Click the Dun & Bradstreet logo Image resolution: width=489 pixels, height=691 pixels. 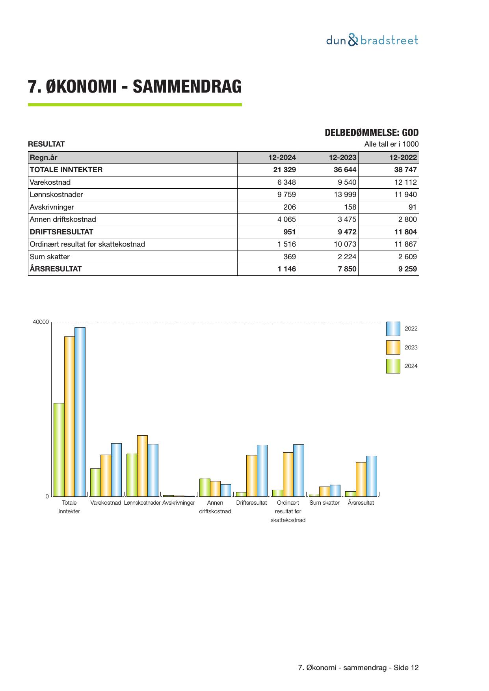[x=372, y=40]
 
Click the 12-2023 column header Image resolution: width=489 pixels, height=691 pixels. [x=342, y=158]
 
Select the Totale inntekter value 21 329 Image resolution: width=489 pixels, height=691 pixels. [x=282, y=170]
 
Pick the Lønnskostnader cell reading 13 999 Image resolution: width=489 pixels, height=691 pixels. [x=343, y=195]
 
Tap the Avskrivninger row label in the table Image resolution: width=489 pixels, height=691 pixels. [x=52, y=207]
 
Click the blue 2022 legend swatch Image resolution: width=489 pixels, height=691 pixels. [x=393, y=329]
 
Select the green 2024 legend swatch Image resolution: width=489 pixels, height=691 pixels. [x=393, y=366]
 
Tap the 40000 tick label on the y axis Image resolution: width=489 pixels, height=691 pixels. [x=41, y=322]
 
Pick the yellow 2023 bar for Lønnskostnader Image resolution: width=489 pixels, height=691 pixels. [x=142, y=466]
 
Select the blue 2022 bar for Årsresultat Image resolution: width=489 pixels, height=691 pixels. [x=371, y=476]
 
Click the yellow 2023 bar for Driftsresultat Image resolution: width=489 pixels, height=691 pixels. [x=251, y=476]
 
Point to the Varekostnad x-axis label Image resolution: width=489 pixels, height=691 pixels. [x=106, y=503]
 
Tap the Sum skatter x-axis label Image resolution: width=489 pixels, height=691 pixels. [x=324, y=503]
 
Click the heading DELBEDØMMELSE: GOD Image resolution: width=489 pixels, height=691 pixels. [x=372, y=133]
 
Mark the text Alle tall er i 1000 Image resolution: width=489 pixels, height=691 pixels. [x=391, y=144]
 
